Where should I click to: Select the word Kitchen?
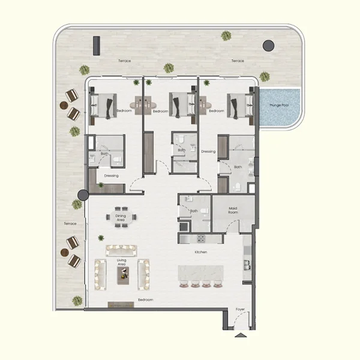(x=200, y=252)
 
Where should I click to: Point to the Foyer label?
(x=240, y=310)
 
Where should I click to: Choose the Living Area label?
(x=122, y=262)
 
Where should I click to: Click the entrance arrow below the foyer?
(x=240, y=335)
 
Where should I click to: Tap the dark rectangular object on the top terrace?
(x=96, y=44)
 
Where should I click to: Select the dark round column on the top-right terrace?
(x=268, y=45)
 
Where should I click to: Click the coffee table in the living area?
(x=122, y=275)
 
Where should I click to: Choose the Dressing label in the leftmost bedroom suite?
(x=111, y=175)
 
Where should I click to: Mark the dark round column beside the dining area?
(x=83, y=195)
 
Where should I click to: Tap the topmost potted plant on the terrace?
(x=226, y=35)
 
